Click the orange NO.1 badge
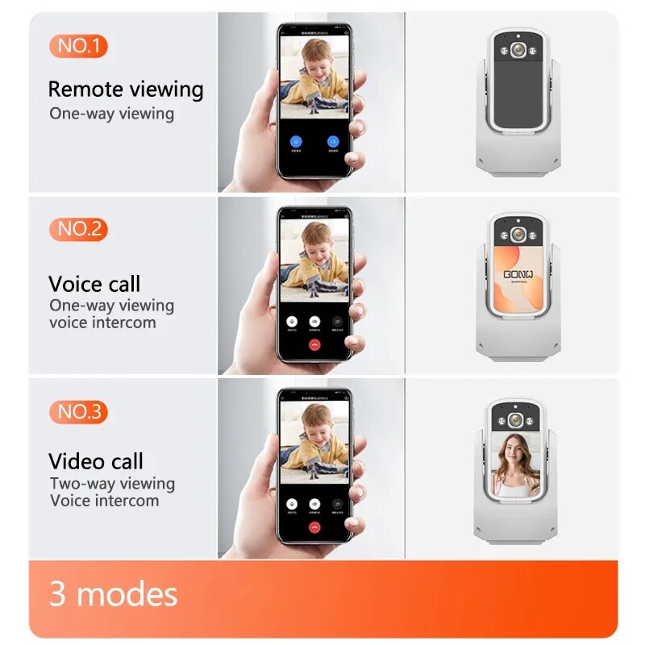tap(78, 46)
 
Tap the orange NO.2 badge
tap(78, 229)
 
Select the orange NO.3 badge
tap(78, 412)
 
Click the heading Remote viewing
tap(126, 89)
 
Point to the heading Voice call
tap(94, 284)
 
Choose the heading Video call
tap(96, 461)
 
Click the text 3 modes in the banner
tap(114, 594)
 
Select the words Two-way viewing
tap(112, 484)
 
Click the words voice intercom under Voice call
tap(102, 322)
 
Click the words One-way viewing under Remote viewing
tap(111, 114)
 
